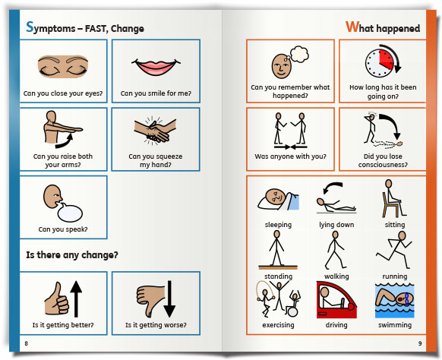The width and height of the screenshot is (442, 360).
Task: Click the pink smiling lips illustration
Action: pos(156,67)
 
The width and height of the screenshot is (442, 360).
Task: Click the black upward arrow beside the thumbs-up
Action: pos(76,298)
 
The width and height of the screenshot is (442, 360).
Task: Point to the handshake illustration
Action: pos(156,130)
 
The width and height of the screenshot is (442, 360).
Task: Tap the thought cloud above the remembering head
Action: pos(299,54)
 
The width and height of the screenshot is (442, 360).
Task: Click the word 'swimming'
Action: pos(395,325)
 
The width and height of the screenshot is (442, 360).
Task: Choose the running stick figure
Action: pos(394,250)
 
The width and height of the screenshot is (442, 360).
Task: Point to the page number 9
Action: pos(420,343)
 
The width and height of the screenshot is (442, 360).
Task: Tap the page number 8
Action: pos(27,343)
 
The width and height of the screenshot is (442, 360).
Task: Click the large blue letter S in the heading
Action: pos(30,27)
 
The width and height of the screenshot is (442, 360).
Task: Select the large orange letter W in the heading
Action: pos(352,27)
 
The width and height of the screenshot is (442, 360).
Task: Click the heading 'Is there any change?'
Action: pos(72,255)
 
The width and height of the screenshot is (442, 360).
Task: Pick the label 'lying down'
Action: pos(336,225)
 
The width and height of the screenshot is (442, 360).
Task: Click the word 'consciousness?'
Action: pos(383,165)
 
